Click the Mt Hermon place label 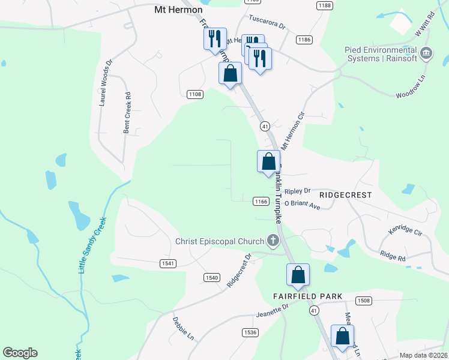click(178, 10)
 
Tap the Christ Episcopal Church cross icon click(273, 242)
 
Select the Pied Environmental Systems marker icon click(427, 53)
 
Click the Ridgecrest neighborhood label click(345, 195)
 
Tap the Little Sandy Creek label click(91, 245)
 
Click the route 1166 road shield click(260, 202)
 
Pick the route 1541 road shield click(168, 263)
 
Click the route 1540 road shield click(211, 277)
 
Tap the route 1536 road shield click(250, 332)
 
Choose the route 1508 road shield click(363, 300)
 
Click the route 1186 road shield click(304, 40)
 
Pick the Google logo click(20, 353)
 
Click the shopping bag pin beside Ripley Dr click(268, 162)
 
